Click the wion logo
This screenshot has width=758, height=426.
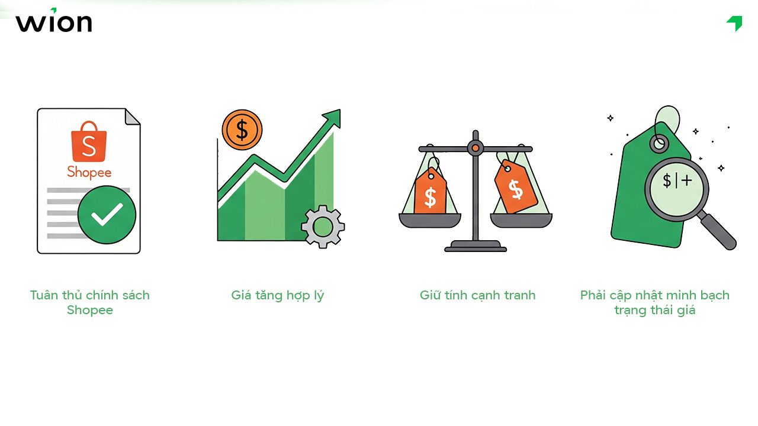pos(54,22)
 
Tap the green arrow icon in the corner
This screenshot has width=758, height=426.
pos(735,23)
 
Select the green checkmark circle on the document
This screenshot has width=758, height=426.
pos(107,215)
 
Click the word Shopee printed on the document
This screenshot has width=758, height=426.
pos(89,172)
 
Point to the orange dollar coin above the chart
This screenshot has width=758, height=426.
pos(242,130)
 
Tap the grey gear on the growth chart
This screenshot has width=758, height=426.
pos(323,225)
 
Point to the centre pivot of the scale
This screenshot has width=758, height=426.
pos(475,148)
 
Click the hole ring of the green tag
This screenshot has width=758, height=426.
pos(659,143)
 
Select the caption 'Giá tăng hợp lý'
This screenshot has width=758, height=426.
pos(278,295)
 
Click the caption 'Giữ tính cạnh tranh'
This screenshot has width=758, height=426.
pos(477,295)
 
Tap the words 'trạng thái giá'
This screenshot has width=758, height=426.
pos(654,310)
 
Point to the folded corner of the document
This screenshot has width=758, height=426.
pos(133,117)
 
